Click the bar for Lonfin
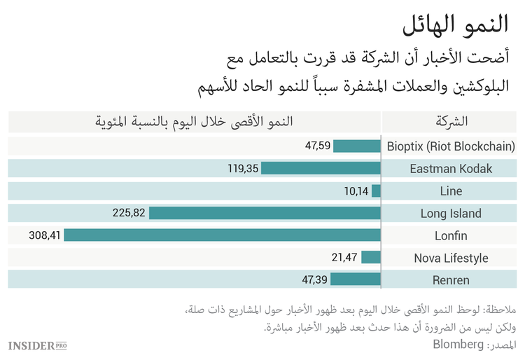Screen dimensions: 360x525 pos(222,235)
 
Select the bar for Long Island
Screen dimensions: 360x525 pos(265,213)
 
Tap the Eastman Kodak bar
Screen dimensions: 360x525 pos(321,168)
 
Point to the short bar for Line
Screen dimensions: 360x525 pos(376,191)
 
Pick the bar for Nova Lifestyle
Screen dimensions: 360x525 pos(371,258)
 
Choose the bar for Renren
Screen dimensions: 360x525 pos(356,280)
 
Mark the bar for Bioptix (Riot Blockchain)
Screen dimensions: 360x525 pos(356,146)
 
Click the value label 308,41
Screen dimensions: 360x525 pos(45,235)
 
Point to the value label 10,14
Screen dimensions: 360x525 pos(356,191)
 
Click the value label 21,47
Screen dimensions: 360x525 pos(344,258)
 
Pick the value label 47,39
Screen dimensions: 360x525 pos(314,280)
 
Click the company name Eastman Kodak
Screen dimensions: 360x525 pos(451,168)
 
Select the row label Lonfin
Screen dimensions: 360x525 pos(451,235)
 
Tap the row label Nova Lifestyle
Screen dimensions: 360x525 pos(451,258)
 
